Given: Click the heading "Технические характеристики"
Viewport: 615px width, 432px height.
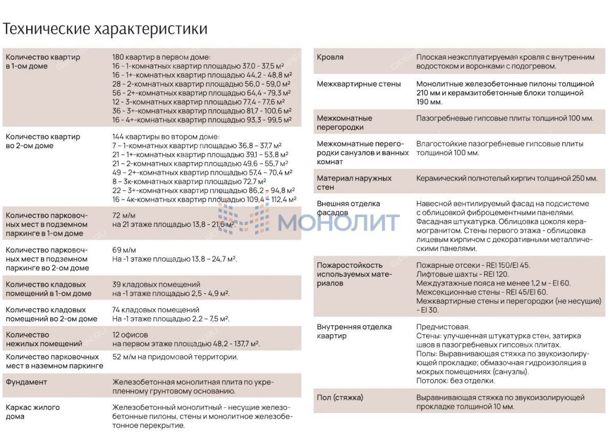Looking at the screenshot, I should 105,29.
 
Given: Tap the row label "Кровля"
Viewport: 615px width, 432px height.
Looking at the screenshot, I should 330,57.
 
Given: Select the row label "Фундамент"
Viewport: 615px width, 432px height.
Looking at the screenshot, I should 26,382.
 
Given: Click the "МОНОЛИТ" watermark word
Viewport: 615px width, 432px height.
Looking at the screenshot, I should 339,222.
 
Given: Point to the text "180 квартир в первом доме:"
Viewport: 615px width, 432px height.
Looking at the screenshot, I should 161,57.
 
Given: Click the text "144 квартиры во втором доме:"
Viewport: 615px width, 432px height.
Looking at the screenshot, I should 166,137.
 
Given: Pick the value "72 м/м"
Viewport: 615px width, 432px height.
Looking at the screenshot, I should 124,215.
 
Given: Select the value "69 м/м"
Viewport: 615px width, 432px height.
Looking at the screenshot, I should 124,250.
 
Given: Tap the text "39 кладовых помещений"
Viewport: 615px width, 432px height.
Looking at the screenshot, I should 156,285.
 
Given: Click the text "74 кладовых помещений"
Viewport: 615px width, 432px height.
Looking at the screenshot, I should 156,310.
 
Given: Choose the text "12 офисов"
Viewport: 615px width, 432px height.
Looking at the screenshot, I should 130,335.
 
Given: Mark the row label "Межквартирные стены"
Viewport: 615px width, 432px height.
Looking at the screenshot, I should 359,84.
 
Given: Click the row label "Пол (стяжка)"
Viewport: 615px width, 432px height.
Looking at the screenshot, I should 340,398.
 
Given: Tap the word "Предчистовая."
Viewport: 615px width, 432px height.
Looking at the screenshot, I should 443,327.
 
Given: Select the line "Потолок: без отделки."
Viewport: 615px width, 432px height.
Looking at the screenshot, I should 456,381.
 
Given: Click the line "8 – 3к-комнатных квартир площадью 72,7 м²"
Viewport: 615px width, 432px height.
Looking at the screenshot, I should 189,181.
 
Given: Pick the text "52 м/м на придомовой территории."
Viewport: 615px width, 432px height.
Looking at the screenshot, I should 175,357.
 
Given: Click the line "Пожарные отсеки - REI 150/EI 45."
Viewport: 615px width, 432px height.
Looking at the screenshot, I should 473,266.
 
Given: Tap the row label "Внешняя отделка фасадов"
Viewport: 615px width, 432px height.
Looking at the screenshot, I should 348,208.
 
